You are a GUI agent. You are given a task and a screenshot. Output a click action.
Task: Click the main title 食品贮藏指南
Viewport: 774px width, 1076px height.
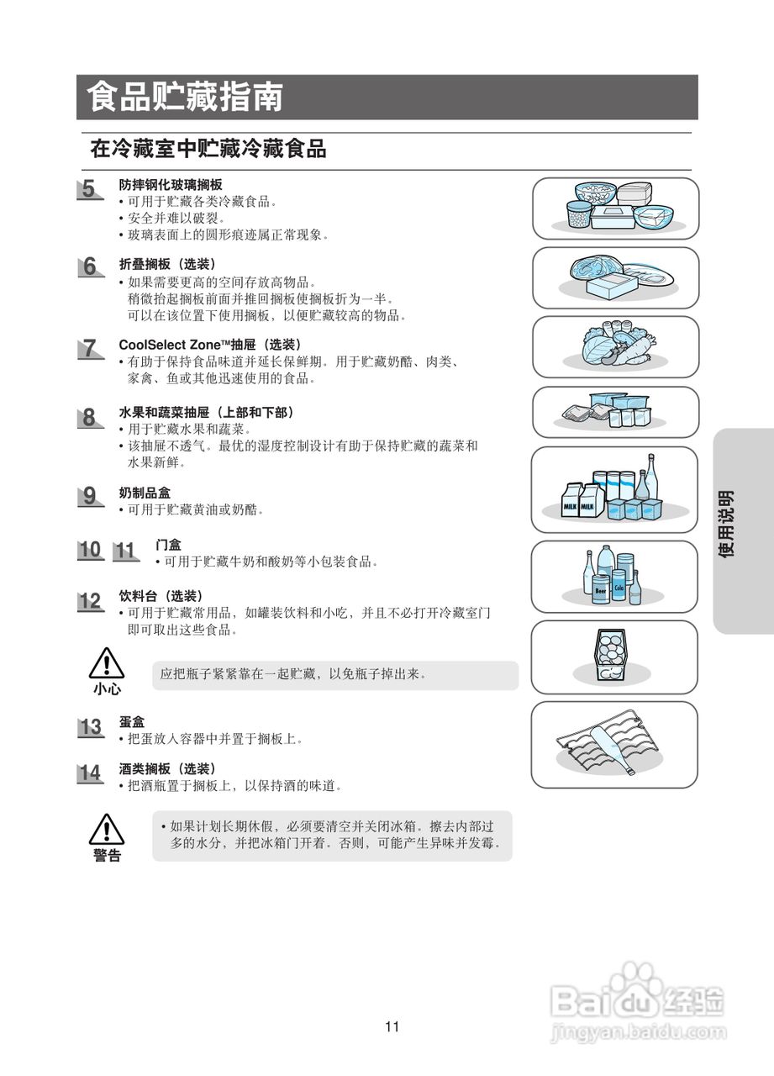click(x=184, y=98)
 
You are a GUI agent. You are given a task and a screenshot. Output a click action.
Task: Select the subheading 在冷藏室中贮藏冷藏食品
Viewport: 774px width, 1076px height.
click(x=208, y=150)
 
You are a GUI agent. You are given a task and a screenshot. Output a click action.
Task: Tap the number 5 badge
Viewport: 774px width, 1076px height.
click(x=89, y=189)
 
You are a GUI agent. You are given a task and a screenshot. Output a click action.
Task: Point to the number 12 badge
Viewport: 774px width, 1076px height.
click(x=90, y=601)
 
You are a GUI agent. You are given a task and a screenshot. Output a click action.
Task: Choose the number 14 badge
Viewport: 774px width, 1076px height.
click(x=90, y=773)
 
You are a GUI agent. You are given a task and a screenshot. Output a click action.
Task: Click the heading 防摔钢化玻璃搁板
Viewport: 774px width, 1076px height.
click(x=171, y=184)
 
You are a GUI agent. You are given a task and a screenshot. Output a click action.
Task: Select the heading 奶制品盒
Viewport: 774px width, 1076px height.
click(x=145, y=493)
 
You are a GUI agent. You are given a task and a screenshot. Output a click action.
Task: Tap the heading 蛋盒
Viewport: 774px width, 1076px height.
click(x=132, y=722)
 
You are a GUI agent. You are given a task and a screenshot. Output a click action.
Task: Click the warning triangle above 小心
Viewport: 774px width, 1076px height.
click(x=107, y=664)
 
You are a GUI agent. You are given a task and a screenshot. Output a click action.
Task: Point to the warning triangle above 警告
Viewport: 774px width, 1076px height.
click(x=107, y=830)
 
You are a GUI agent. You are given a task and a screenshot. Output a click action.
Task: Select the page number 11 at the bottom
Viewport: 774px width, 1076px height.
click(x=392, y=1026)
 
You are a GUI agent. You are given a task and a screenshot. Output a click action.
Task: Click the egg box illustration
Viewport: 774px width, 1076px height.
click(x=612, y=656)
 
